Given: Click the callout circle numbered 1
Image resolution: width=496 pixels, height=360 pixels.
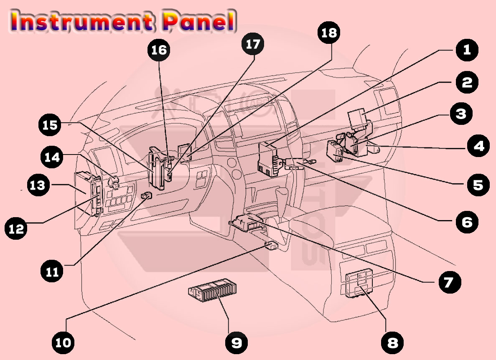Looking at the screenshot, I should [467, 50].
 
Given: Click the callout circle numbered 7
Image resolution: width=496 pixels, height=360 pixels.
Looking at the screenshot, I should [449, 282].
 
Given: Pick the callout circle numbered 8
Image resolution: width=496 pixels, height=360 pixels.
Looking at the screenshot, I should [392, 343].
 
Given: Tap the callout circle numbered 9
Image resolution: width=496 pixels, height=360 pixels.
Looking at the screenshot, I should [236, 343].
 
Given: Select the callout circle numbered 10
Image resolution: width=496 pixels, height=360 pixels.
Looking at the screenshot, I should [63, 343].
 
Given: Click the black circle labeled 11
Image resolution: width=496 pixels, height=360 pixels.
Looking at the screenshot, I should [52, 271].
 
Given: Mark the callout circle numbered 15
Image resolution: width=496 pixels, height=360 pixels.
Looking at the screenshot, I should [49, 125].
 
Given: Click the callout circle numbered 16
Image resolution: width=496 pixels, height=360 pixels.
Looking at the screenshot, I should [159, 50].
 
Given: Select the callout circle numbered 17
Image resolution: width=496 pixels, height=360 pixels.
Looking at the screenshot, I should [252, 44].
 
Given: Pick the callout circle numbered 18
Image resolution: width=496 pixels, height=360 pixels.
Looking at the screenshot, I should [329, 33].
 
